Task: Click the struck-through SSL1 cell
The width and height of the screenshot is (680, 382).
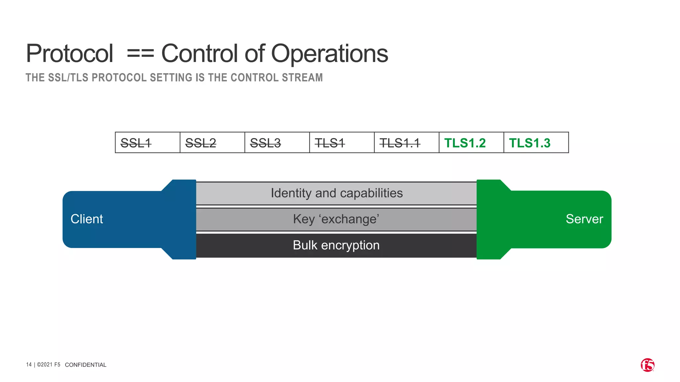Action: coord(147,143)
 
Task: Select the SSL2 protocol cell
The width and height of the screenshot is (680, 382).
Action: coord(212,143)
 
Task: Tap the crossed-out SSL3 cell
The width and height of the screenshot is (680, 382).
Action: coord(277,143)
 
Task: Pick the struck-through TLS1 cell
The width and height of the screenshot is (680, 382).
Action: coord(342,143)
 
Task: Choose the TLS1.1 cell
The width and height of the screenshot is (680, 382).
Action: coord(406,143)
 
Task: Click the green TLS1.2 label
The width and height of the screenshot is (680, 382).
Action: coord(465,143)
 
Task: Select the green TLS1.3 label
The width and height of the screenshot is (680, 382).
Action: coord(530,143)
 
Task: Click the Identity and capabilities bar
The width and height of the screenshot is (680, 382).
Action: coord(336,193)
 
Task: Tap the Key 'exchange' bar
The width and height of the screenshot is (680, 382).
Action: coord(336,219)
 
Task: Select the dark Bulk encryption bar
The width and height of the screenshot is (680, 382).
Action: coord(336,245)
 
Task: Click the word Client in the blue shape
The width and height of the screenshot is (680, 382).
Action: coord(87,219)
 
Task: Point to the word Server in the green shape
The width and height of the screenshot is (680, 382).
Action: coord(584,219)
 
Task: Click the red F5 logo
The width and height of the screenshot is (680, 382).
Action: coord(647,365)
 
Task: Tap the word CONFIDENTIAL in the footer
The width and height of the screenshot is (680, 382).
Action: coord(86,365)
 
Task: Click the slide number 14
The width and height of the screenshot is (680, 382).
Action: coord(29,365)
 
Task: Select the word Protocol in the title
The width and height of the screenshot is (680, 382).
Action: coord(70,54)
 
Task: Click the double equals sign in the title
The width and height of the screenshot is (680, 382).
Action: coord(140,54)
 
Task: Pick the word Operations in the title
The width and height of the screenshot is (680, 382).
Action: coord(330,54)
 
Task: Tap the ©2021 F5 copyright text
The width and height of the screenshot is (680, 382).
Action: coord(48,365)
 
